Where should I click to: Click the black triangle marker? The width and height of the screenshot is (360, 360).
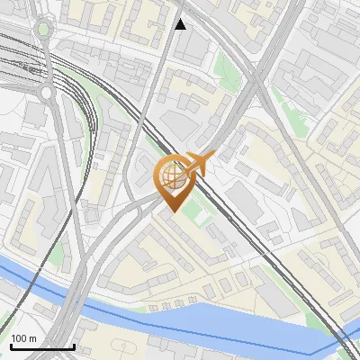point(181,23)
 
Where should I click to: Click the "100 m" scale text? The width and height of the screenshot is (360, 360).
point(24,338)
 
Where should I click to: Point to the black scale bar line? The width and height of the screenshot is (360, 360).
point(42,346)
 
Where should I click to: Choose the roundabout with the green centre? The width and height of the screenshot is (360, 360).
point(42,29)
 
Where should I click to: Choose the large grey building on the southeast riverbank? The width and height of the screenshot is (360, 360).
point(279,301)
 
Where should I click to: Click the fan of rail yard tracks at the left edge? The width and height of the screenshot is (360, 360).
point(13,63)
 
